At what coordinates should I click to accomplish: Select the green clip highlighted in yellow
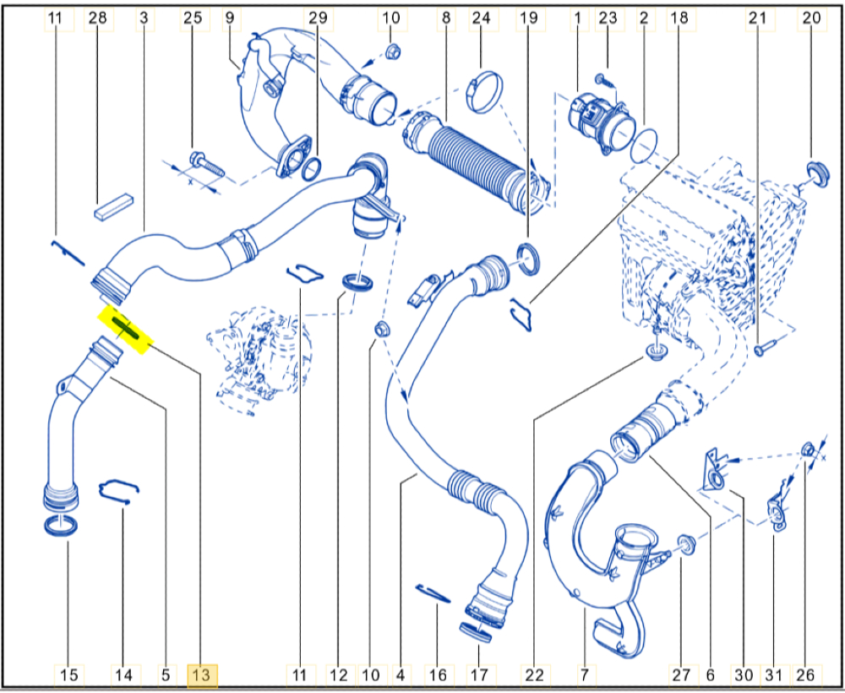coord(125,330)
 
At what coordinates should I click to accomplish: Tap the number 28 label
coord(99,18)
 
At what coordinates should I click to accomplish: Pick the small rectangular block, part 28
coord(112,206)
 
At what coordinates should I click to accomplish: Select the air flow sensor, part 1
coord(598,123)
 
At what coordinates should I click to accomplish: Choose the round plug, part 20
coord(817,174)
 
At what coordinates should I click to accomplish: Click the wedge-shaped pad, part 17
coord(475,632)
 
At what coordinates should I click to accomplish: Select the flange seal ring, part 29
coord(312,169)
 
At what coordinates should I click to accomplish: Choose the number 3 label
coord(144,18)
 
